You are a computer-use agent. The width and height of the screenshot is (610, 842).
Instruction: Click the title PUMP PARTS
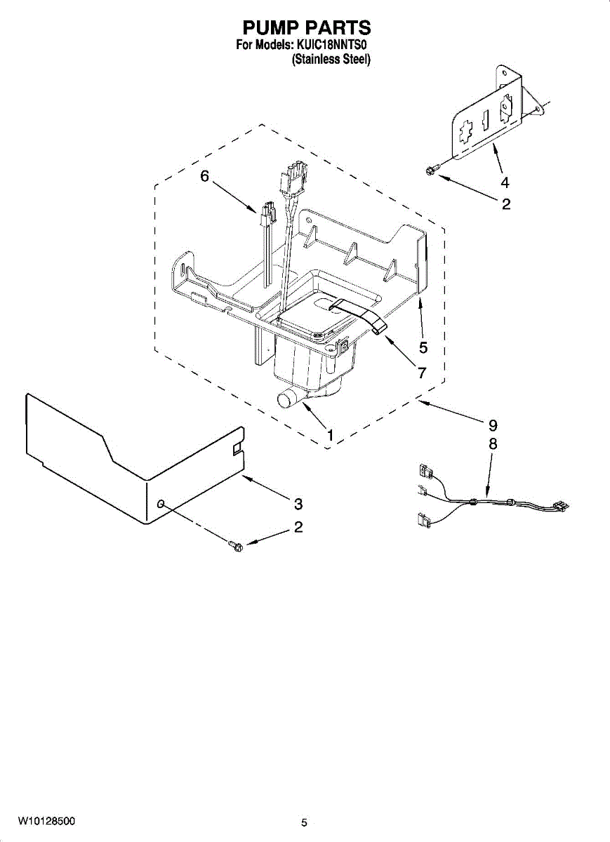click(x=306, y=28)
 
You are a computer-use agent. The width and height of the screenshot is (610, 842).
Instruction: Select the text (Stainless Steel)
click(x=330, y=60)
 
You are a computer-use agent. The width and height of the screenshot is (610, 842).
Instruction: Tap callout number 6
click(x=204, y=176)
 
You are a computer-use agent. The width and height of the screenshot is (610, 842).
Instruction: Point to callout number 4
click(x=505, y=182)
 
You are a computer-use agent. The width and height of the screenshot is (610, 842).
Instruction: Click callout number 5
click(x=423, y=347)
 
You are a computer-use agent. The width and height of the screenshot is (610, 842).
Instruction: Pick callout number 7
click(x=422, y=373)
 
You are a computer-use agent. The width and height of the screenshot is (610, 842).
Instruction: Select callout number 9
click(x=493, y=425)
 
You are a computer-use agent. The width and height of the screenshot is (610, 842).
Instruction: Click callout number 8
click(x=493, y=444)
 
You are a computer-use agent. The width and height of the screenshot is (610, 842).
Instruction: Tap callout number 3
click(x=298, y=504)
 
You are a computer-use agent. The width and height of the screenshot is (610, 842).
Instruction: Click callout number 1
click(x=329, y=435)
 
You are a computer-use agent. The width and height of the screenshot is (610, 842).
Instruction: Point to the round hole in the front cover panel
click(x=161, y=504)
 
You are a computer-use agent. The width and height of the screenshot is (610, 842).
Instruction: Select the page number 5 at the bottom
click(x=304, y=823)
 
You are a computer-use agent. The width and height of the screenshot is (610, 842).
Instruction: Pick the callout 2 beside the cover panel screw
click(x=298, y=528)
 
